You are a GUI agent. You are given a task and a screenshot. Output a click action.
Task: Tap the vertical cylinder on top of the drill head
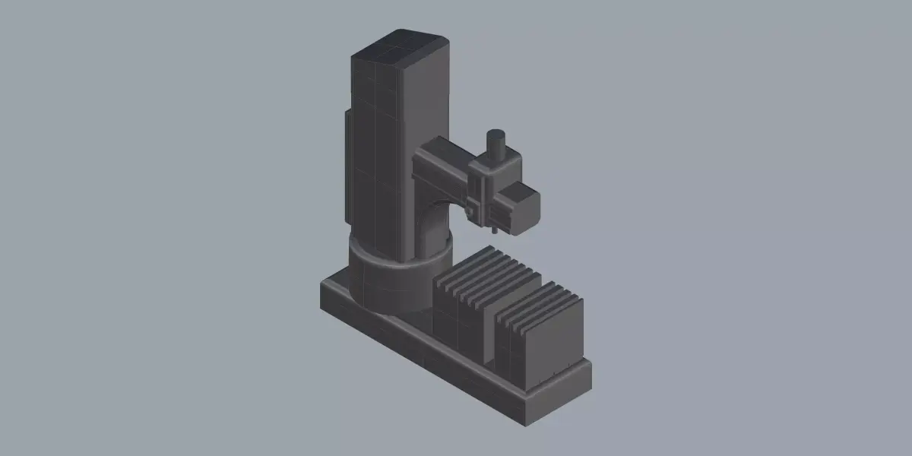[496, 144]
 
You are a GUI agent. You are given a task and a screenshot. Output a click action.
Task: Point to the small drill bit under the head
[493, 227]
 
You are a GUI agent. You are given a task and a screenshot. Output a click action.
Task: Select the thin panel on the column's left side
[347, 163]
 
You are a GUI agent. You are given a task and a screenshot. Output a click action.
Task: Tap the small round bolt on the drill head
[470, 211]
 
